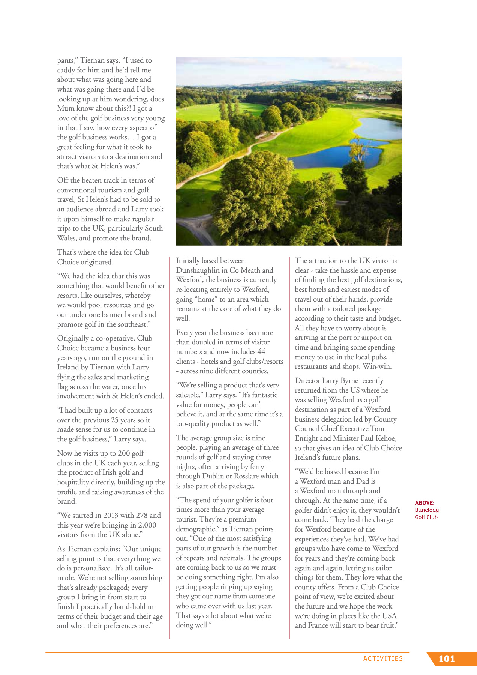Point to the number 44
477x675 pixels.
point(261,352)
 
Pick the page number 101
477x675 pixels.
point(446,659)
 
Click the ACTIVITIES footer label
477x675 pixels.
point(383,658)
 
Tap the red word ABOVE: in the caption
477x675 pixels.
point(424,503)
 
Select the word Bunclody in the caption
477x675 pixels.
point(426,510)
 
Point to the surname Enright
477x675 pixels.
point(307,438)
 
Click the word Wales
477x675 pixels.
point(67,238)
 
